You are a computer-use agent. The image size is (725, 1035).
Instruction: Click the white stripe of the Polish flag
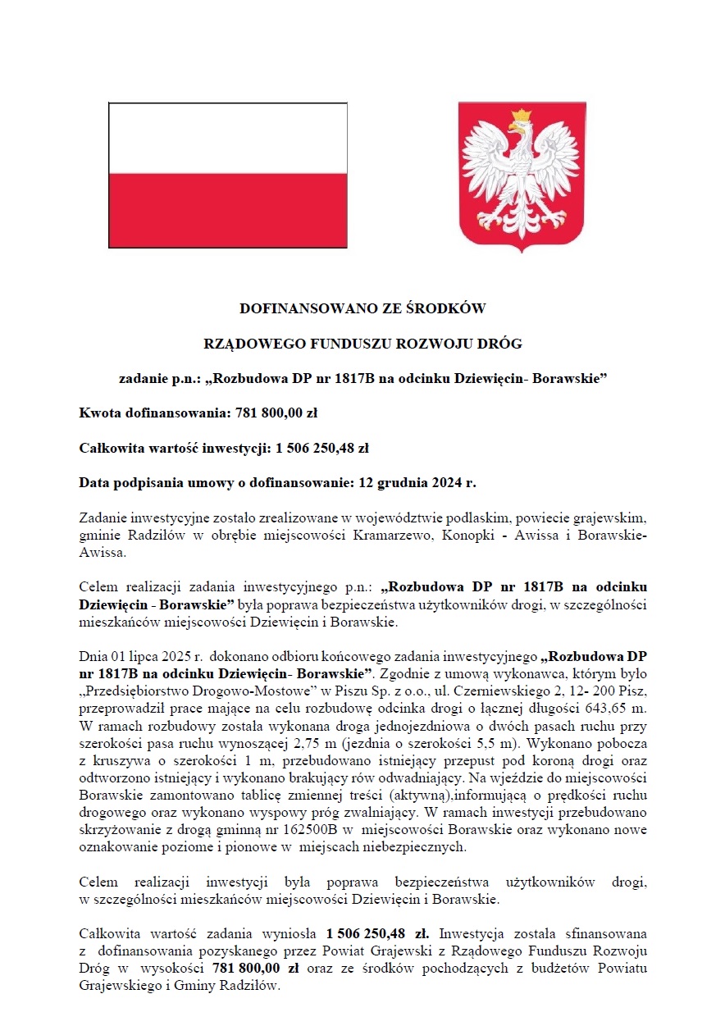point(228,138)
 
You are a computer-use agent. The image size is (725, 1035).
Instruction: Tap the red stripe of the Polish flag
point(228,210)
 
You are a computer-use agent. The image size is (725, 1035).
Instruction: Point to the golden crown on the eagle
point(522,116)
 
